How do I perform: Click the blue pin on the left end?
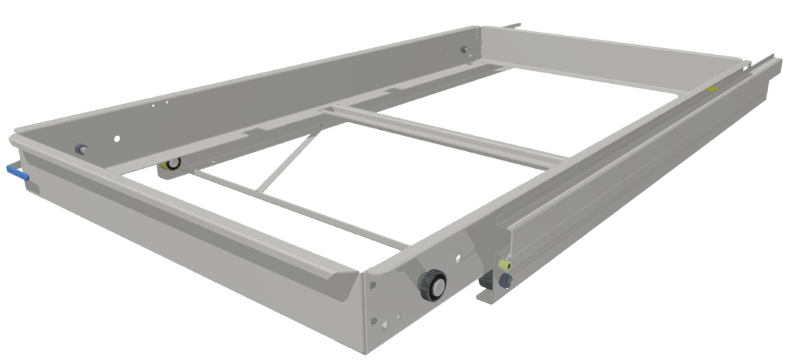click(17, 172)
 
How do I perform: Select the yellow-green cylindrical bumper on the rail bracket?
click(505, 265)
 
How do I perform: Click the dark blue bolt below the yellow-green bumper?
click(506, 281)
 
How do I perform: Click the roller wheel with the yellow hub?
click(171, 164)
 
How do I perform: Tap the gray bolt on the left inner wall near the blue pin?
click(81, 150)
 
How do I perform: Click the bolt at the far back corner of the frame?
click(464, 50)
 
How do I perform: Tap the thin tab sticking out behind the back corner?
click(512, 26)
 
